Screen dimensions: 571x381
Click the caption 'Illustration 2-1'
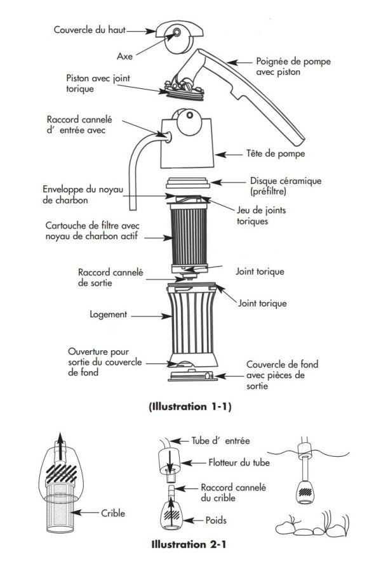click(x=188, y=544)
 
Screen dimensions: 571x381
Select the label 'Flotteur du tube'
click(x=239, y=463)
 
